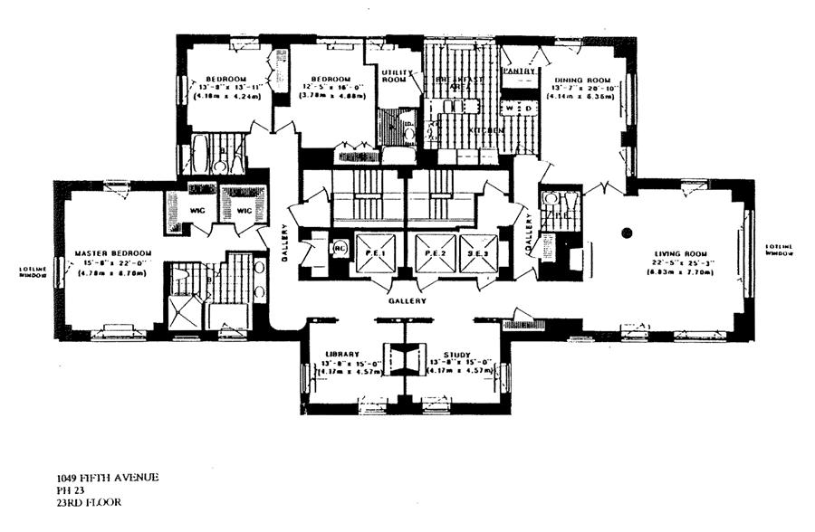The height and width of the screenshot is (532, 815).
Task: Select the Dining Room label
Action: [x=576, y=81]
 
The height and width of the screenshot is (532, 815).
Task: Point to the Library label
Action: [x=342, y=355]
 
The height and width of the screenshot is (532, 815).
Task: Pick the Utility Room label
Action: [x=396, y=75]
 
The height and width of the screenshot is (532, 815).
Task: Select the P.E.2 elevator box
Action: [x=435, y=252]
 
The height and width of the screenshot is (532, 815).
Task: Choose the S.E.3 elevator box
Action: [x=478, y=252]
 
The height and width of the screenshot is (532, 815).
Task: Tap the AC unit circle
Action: [x=340, y=247]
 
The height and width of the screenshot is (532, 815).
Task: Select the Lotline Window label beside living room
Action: [x=780, y=250]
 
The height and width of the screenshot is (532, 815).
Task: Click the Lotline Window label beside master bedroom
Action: [x=32, y=272]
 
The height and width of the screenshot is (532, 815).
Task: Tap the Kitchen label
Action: [x=485, y=132]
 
